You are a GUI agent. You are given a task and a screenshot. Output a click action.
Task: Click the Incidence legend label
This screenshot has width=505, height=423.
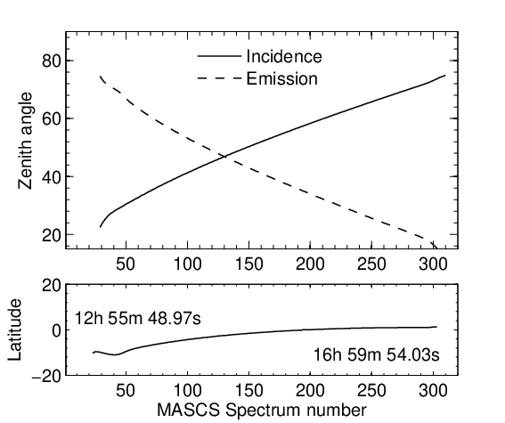pos(284,56)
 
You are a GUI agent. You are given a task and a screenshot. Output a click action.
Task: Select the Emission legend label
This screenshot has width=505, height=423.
pos(282,78)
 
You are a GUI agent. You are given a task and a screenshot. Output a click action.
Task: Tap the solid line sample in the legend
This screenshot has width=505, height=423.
pos(219,56)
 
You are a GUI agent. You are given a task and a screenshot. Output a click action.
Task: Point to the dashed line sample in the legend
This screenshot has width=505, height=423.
pos(219,78)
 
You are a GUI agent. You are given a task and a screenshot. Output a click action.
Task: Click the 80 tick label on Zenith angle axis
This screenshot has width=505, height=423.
pos(52,61)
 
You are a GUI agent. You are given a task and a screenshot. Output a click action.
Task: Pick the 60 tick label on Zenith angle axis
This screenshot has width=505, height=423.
pos(52,118)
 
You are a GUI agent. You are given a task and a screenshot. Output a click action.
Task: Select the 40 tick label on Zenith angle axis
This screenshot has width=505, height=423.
pos(52,176)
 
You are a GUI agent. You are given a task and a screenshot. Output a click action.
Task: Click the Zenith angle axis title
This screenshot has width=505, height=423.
pos(26,141)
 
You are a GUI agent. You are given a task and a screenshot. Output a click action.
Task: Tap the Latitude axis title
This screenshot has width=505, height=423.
pos(14,330)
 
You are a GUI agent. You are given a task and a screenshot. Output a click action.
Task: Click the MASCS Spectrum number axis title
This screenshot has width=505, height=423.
pos(262,411)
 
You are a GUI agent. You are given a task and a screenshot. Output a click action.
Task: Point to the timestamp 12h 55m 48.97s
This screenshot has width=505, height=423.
pos(138,319)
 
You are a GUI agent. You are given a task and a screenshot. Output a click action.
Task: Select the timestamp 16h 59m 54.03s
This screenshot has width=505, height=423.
pos(377,354)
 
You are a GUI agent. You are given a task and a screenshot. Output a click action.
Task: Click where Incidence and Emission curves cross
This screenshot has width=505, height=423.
pos(224,157)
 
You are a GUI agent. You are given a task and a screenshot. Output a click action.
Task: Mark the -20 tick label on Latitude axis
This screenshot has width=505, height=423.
pos(46,376)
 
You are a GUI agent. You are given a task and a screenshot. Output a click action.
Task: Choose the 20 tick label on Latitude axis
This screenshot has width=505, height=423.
pos(52,285)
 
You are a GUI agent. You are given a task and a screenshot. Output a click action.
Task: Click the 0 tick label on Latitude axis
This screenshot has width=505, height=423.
pos(56,330)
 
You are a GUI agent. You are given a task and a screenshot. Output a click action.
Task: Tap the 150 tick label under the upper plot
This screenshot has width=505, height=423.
pos(248,264)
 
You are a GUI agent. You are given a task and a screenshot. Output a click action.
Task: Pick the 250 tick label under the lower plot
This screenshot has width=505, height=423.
pos(371,390)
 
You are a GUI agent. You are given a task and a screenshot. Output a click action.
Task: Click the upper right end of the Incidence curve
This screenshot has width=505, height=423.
pos(445,76)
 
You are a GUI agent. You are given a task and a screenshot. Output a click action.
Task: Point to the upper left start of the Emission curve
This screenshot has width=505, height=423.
pos(100,77)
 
